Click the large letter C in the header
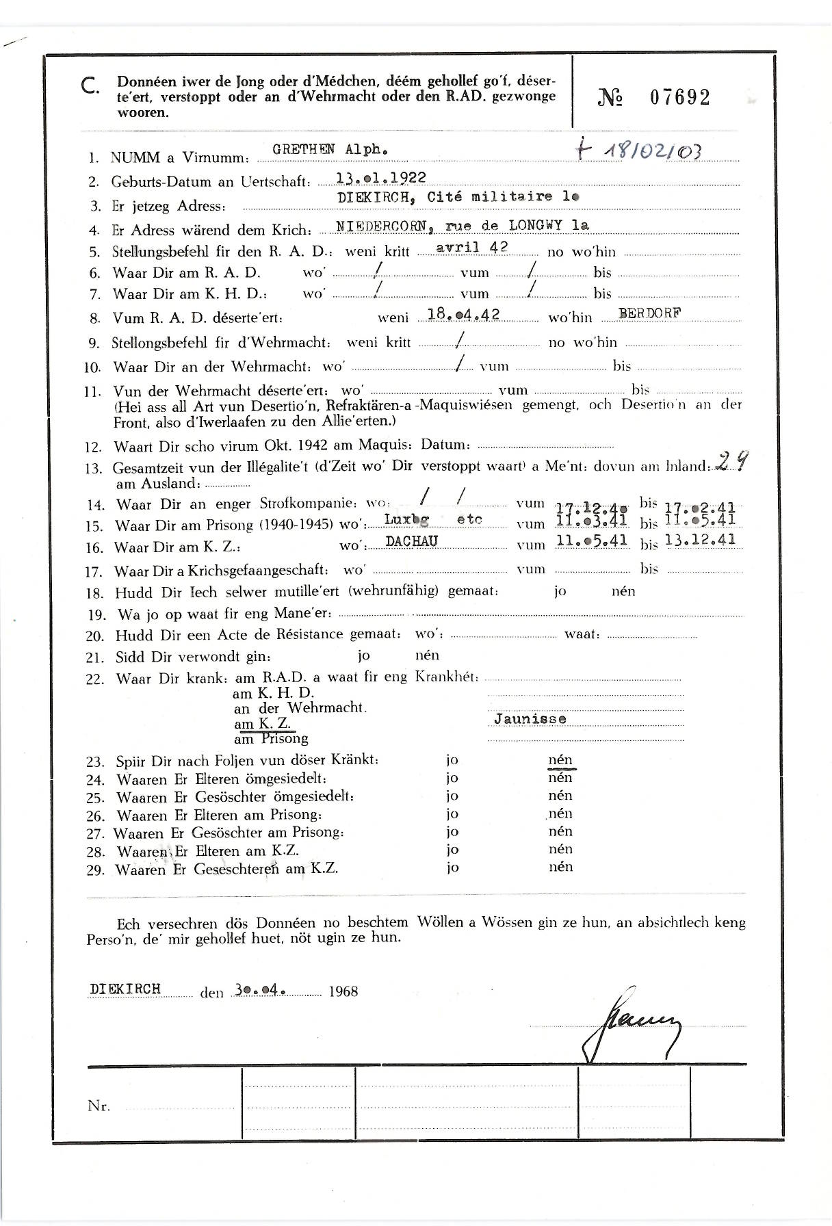90,86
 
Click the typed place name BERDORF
649,314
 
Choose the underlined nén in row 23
560,760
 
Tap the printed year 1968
343,991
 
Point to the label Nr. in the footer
99,1106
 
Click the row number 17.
94,572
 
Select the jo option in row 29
452,868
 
